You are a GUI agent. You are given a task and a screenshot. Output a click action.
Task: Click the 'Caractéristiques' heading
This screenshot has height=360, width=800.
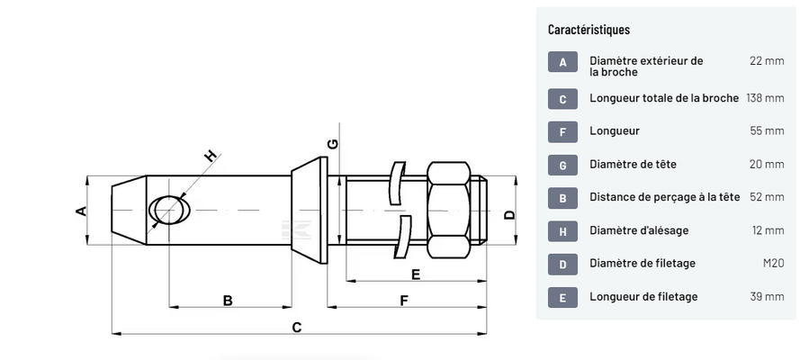(x=589, y=30)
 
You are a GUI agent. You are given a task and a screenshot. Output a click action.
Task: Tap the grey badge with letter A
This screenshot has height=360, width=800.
(x=562, y=61)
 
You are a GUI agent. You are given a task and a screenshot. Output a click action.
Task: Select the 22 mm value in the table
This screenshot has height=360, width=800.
(x=767, y=60)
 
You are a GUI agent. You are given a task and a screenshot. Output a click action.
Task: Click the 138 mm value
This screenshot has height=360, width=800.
(x=765, y=97)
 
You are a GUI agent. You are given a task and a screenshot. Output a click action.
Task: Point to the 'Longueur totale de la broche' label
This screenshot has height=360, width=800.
(x=664, y=97)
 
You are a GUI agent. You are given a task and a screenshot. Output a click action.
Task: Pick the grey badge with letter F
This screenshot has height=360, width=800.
(x=562, y=130)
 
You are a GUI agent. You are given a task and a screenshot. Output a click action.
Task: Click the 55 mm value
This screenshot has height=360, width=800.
(x=767, y=130)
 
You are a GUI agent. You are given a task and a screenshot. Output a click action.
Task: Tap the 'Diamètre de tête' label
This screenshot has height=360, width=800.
(x=633, y=164)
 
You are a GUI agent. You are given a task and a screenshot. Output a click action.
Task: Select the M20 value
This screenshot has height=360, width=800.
(x=772, y=263)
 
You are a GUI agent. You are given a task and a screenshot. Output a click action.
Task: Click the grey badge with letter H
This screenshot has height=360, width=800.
(x=562, y=230)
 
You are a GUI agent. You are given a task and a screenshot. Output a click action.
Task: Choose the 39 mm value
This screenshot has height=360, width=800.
(x=767, y=296)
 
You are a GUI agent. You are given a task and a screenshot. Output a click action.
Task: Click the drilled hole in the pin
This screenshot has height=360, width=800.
(x=168, y=211)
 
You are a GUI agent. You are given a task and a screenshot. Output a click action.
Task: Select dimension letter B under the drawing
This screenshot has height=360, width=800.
(x=228, y=301)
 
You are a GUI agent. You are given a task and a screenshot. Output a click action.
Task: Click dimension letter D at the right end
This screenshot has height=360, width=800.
(x=508, y=214)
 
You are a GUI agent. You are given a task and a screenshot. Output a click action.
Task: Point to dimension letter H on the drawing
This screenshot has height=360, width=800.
(x=211, y=157)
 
